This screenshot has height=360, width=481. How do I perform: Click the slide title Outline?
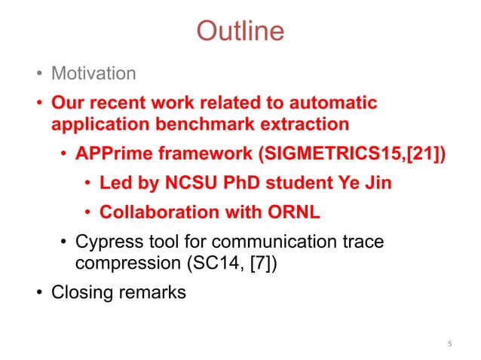click(240, 31)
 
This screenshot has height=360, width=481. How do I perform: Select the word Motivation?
click(93, 74)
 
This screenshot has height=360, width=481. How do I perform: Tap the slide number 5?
click(449, 345)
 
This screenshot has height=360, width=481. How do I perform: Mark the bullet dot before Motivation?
click(37, 75)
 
